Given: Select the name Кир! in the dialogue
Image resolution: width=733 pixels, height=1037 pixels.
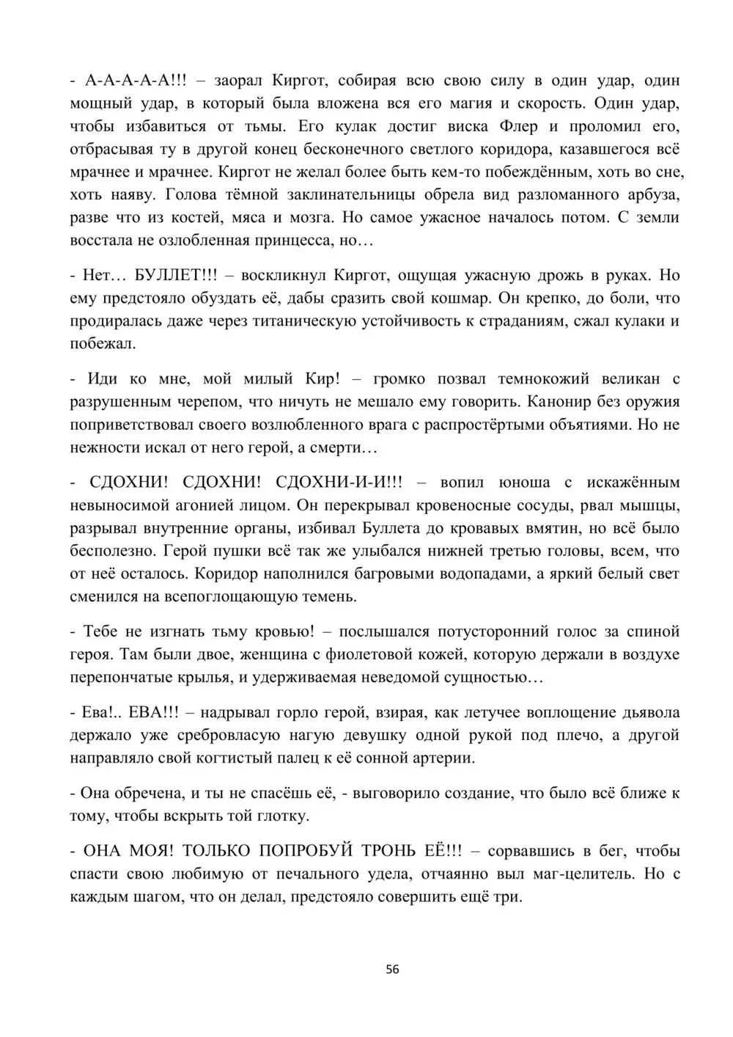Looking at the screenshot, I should tap(323, 379).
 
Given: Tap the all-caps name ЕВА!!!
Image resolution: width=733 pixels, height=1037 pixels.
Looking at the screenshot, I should tap(146, 713).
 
